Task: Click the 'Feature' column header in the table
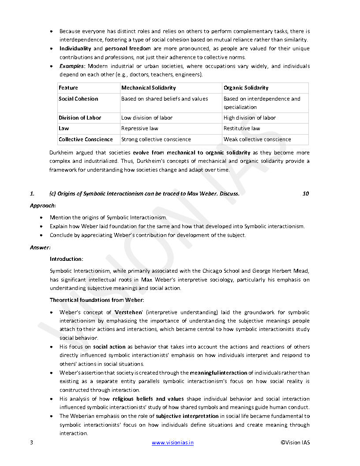(68, 88)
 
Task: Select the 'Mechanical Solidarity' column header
(148, 88)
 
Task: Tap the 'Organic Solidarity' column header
(246, 88)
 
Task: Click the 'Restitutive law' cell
(242, 128)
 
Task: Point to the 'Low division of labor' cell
(147, 118)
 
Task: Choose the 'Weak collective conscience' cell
(257, 139)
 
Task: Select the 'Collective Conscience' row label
(86, 139)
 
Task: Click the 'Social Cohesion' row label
(79, 99)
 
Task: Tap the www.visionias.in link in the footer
(173, 443)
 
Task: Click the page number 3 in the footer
(31, 443)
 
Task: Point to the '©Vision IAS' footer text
(295, 443)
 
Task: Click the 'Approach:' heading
(43, 206)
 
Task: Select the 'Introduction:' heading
(66, 259)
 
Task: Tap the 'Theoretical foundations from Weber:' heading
(97, 300)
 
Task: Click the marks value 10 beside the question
(306, 194)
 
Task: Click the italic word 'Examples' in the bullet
(72, 66)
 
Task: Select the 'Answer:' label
(40, 248)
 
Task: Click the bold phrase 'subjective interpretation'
(187, 416)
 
